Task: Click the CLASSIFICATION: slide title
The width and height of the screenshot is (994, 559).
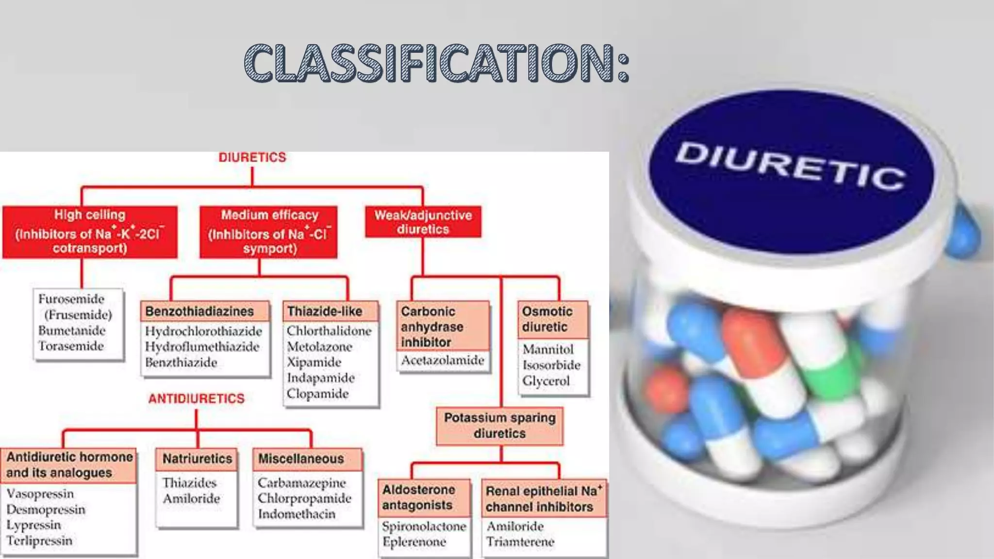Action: [x=437, y=63]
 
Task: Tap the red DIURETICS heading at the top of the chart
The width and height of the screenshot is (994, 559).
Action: [x=252, y=157]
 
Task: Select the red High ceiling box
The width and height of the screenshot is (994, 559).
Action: [x=90, y=231]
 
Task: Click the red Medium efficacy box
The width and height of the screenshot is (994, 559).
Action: [x=268, y=231]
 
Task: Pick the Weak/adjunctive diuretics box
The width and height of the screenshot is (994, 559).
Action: [x=423, y=222]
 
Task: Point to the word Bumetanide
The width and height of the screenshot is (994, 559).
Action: [x=72, y=330]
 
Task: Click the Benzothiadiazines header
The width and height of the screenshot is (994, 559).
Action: [x=199, y=311]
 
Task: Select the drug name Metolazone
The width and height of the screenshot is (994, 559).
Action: [x=319, y=346]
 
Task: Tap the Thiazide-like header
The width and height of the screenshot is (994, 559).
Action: [x=325, y=311]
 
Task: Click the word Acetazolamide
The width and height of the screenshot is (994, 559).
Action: [x=443, y=360]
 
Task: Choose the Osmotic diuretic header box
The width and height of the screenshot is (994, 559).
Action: [x=552, y=319]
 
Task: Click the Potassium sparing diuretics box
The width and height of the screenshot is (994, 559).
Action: [x=499, y=426]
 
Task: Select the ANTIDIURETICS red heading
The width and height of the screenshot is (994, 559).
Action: [x=197, y=398]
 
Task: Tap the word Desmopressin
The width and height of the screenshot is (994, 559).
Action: [x=46, y=510]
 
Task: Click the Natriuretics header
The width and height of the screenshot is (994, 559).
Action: [x=197, y=459]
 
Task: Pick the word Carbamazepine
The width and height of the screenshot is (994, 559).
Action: [x=302, y=483]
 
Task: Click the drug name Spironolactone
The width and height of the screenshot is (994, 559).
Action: [x=424, y=526]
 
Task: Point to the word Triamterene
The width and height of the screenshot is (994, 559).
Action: [x=520, y=542]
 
